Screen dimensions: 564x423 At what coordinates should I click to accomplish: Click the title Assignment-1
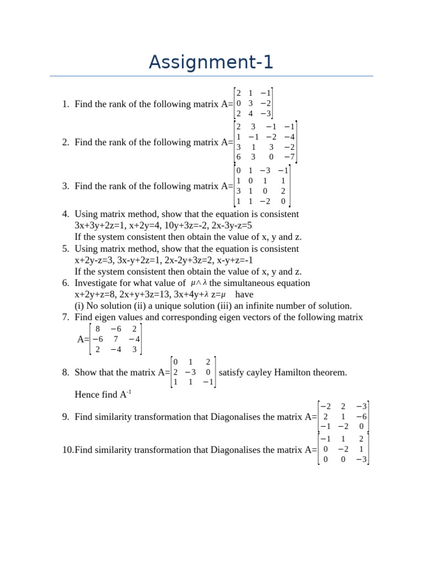pyautogui.click(x=211, y=62)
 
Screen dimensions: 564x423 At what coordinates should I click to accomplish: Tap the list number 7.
pyautogui.click(x=65, y=317)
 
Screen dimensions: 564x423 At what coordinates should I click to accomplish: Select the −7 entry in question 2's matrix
pyautogui.click(x=289, y=157)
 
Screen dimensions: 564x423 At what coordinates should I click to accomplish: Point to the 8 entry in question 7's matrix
pyautogui.click(x=97, y=329)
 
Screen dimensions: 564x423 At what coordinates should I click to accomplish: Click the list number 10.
pyautogui.click(x=67, y=450)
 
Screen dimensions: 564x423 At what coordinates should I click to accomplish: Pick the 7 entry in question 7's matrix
pyautogui.click(x=116, y=339)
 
